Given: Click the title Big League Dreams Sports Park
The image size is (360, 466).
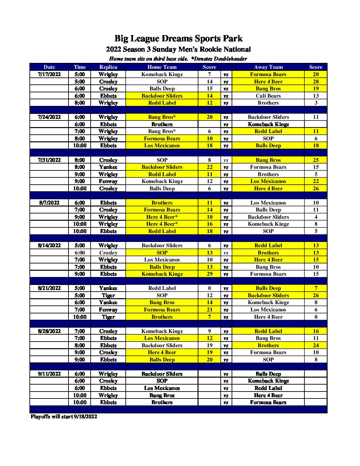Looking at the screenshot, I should click(178, 39).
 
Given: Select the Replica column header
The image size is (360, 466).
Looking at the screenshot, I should click(108, 67).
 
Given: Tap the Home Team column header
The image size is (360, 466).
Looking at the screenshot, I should click(162, 67).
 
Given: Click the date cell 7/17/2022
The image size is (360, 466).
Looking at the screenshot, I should click(49, 74).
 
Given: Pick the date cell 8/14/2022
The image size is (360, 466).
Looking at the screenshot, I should click(49, 246).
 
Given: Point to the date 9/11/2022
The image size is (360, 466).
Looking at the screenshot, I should click(49, 374).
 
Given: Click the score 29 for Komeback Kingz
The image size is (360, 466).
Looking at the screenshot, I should click(209, 274).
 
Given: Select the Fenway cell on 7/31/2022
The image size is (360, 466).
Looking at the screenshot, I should click(108, 181).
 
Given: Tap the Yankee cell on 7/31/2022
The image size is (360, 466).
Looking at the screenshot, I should click(108, 167).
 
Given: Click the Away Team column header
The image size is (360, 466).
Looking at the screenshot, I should click(268, 67).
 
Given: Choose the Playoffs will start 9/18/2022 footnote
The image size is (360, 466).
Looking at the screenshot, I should click(64, 417).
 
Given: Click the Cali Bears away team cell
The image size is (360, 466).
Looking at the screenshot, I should click(268, 96).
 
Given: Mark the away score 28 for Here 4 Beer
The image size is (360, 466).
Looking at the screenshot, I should click(316, 82).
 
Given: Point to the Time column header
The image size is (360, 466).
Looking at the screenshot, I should click(80, 67).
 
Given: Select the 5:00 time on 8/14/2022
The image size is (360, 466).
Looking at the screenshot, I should click(80, 246).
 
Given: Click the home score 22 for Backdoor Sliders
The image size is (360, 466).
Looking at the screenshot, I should click(209, 167).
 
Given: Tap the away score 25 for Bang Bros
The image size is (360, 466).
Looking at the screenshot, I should click(316, 160).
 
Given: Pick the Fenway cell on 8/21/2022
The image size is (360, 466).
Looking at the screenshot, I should click(108, 310).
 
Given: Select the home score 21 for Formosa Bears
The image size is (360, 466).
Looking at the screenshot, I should click(209, 310).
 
